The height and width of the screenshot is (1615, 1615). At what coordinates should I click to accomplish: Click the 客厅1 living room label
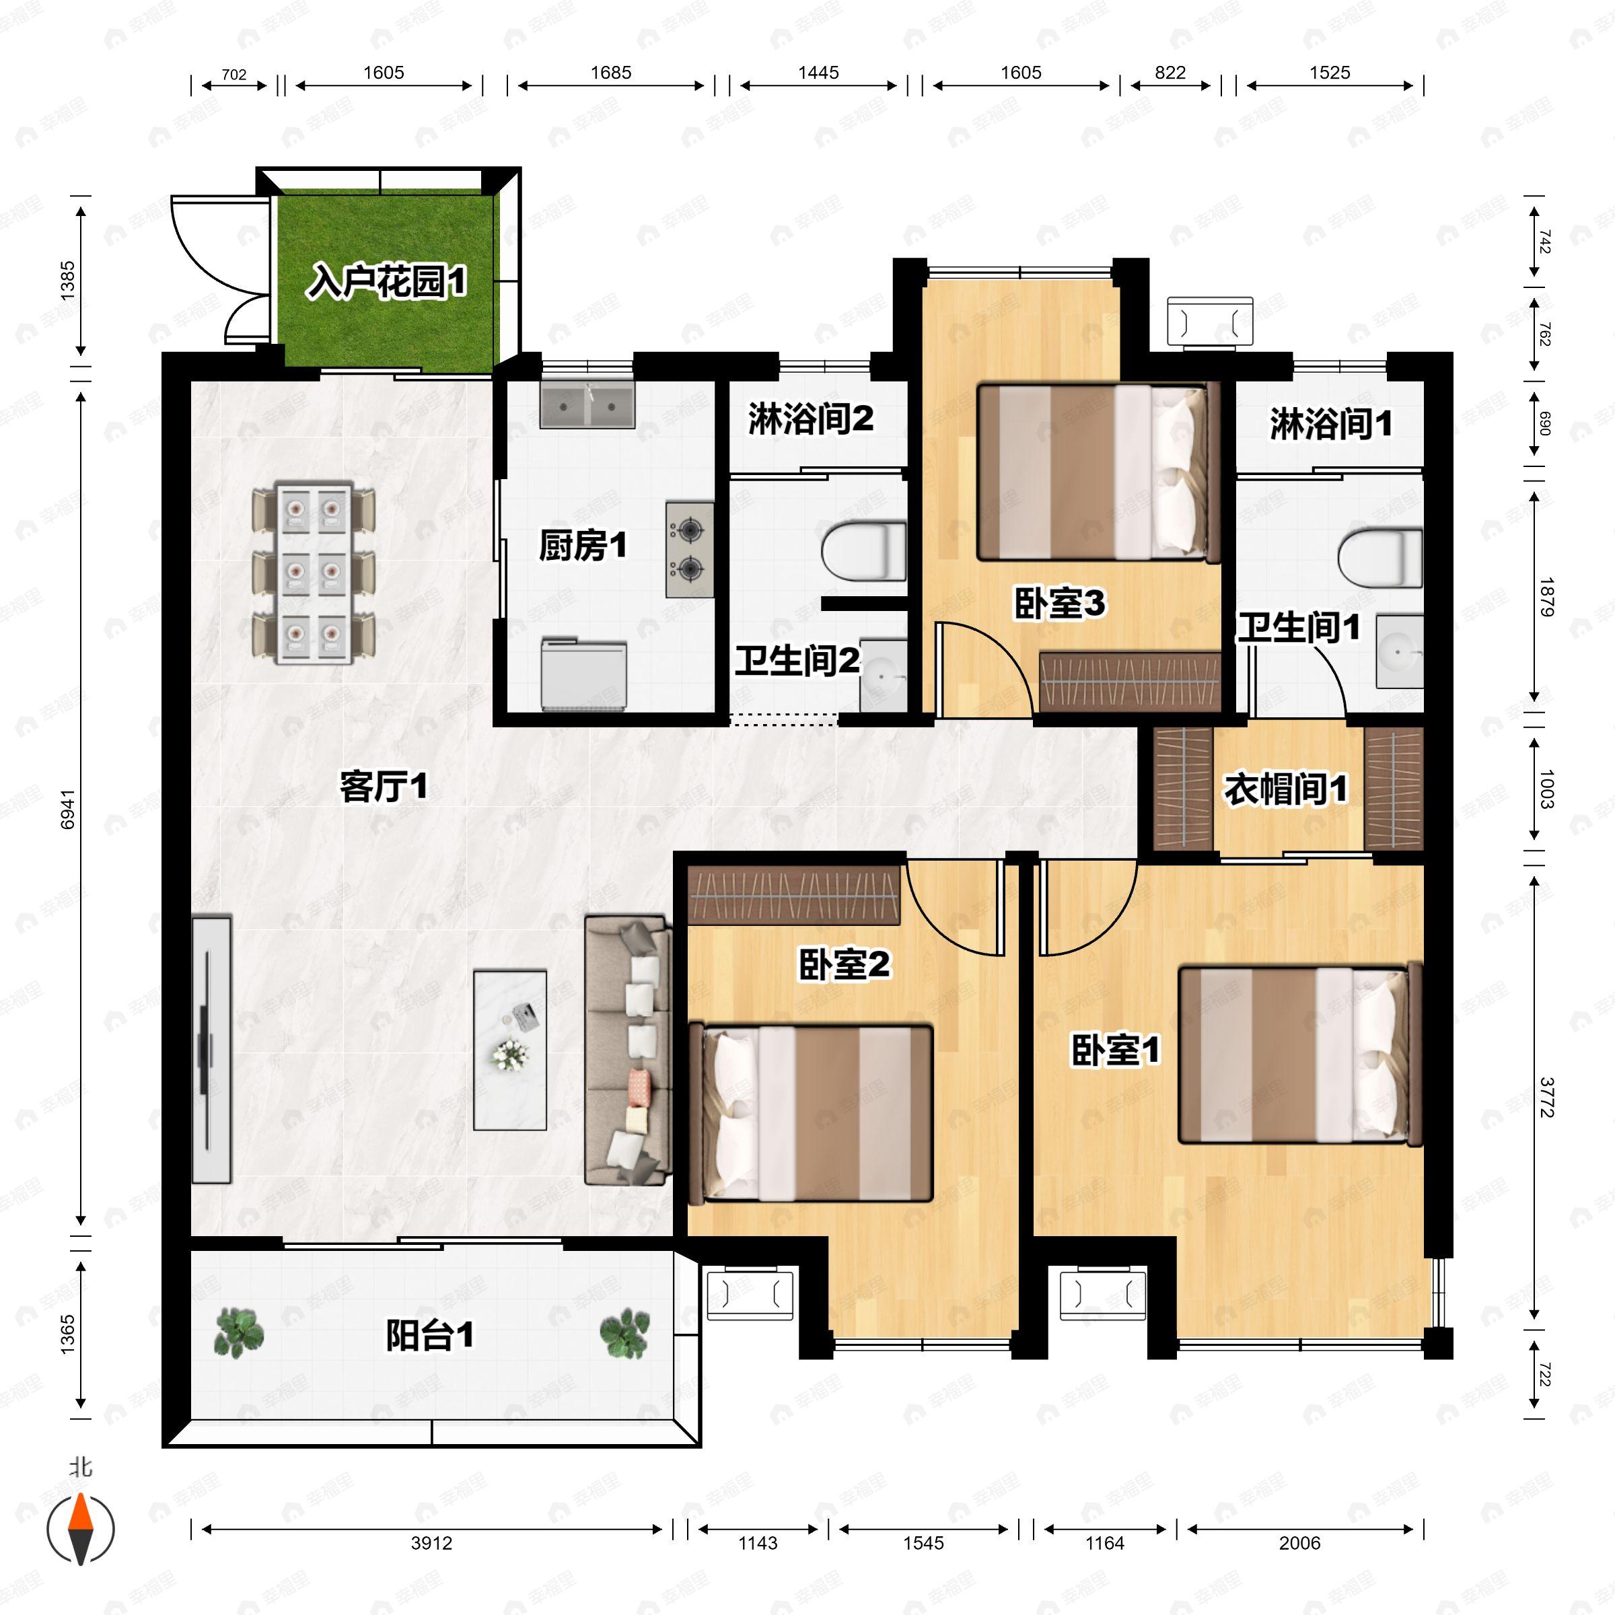point(384,787)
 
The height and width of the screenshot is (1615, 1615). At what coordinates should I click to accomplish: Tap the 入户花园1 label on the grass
point(387,282)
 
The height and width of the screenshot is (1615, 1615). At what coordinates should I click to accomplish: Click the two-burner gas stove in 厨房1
point(690,549)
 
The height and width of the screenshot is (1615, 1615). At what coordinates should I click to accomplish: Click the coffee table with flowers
point(510,1050)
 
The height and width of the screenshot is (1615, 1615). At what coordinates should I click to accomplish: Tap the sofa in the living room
point(628,1050)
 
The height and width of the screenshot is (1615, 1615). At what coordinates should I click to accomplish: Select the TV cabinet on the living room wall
point(211,1050)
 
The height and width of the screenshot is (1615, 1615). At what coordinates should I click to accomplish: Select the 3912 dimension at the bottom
point(431,1543)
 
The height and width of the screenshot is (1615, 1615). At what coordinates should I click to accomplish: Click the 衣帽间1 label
point(1286,789)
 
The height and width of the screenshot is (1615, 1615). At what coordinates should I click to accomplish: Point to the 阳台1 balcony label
point(430,1335)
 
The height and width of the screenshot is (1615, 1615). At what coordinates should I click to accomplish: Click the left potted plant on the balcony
point(239,1332)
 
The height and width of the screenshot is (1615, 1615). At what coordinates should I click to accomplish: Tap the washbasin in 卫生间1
point(1400,652)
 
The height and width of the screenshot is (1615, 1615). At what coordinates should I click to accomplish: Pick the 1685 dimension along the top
point(611,73)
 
